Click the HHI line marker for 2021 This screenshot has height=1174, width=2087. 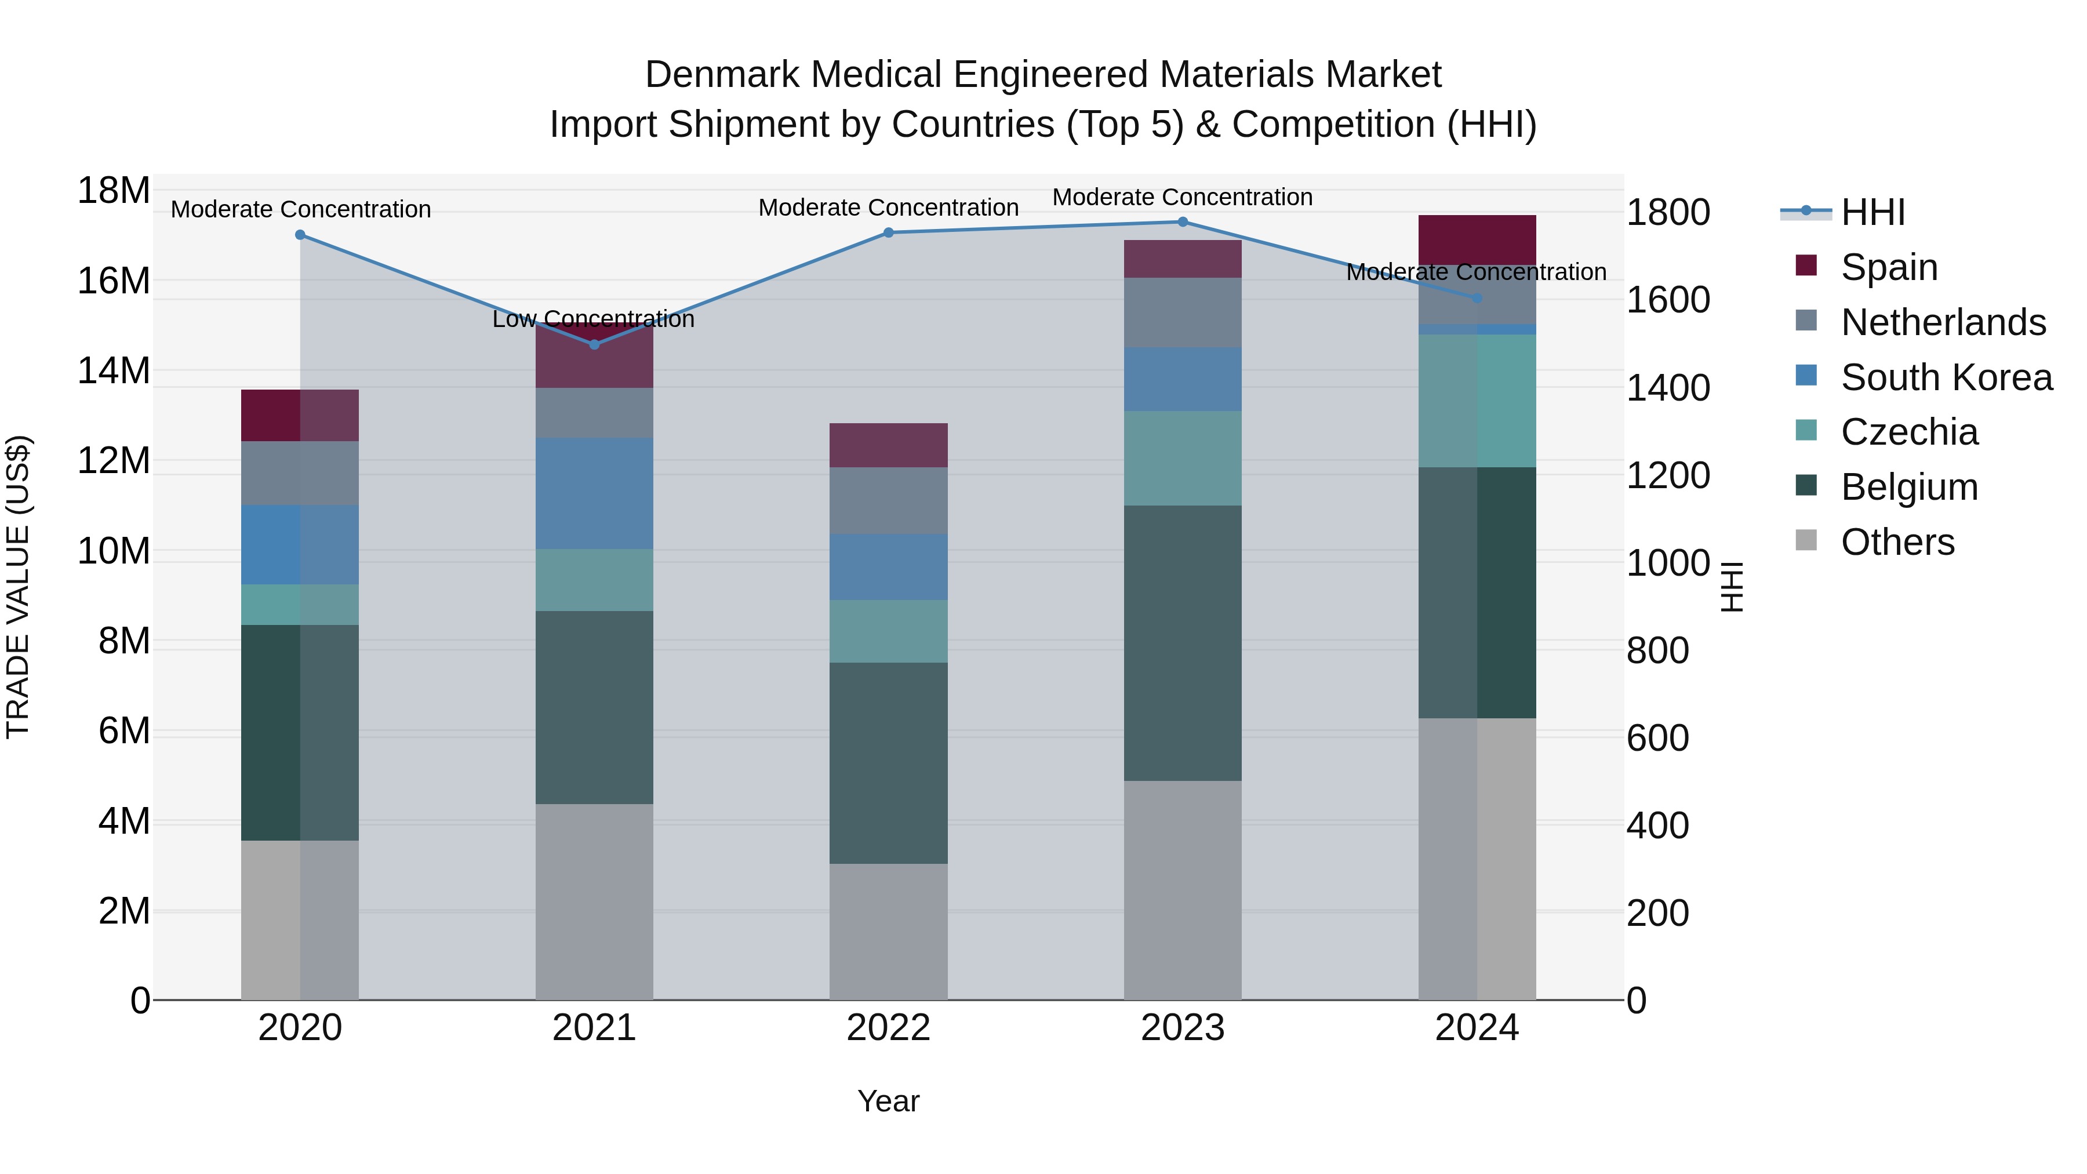pyautogui.click(x=594, y=344)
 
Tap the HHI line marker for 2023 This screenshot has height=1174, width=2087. pyautogui.click(x=1182, y=222)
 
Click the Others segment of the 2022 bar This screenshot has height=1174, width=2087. pyautogui.click(x=888, y=931)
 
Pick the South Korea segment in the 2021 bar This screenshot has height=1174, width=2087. pyautogui.click(x=594, y=493)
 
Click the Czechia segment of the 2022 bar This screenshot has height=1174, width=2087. pyautogui.click(x=888, y=631)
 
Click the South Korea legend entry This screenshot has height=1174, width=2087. pyautogui.click(x=1945, y=377)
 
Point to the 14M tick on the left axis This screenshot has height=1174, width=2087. pyautogui.click(x=114, y=371)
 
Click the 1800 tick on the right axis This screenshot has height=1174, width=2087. pyautogui.click(x=1668, y=213)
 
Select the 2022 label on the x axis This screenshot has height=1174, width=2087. pyautogui.click(x=888, y=1028)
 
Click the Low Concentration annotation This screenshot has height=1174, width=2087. pyautogui.click(x=593, y=319)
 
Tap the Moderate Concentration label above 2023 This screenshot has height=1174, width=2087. pyautogui.click(x=1182, y=198)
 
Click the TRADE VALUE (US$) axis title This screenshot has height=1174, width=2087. pyautogui.click(x=18, y=587)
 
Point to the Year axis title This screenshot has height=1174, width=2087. pyautogui.click(x=888, y=1101)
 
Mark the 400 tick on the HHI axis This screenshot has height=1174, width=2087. pyautogui.click(x=1657, y=826)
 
